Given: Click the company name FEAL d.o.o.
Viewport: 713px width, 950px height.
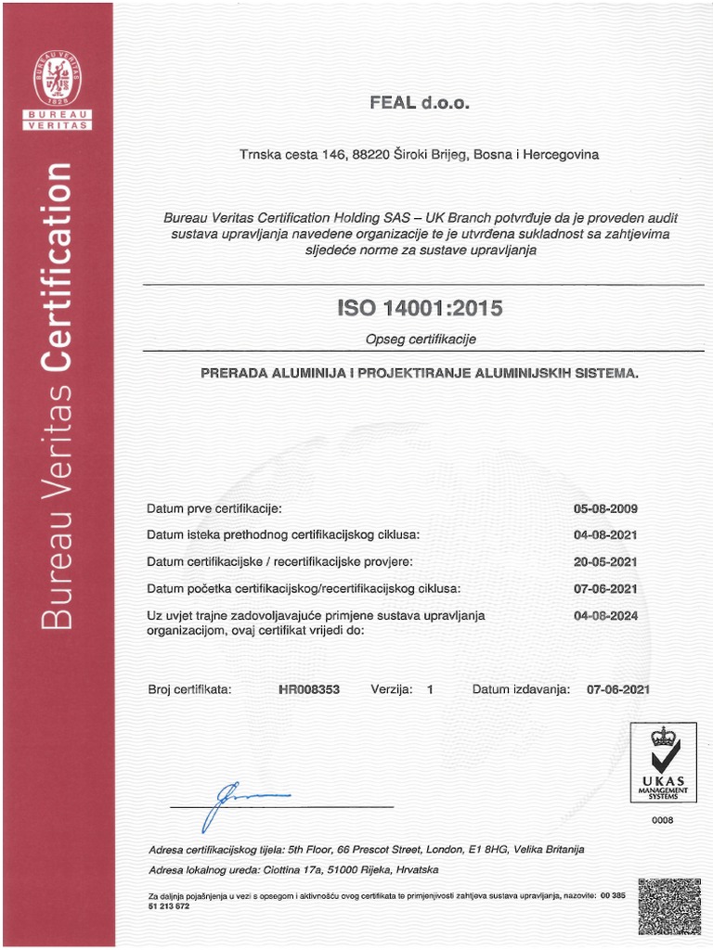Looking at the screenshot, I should [x=420, y=103].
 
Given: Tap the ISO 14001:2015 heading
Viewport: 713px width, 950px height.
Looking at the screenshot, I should [x=420, y=308].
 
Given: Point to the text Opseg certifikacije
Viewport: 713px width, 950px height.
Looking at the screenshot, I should [x=420, y=340].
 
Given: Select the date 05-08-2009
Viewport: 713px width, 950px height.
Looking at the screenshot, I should [x=606, y=508].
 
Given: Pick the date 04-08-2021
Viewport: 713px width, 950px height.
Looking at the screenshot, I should [x=606, y=535].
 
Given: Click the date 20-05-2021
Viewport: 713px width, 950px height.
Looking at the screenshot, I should [x=606, y=562].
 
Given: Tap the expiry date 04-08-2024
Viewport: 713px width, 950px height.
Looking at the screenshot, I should [x=606, y=615].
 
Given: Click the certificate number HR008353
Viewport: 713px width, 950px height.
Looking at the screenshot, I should [x=309, y=689].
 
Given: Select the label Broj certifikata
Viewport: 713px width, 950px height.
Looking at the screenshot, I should [x=189, y=689].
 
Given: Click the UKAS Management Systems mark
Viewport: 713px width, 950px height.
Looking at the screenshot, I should [x=664, y=763].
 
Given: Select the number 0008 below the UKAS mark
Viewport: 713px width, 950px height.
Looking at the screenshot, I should [x=663, y=820].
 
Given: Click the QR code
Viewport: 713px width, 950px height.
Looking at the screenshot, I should [x=669, y=907].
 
